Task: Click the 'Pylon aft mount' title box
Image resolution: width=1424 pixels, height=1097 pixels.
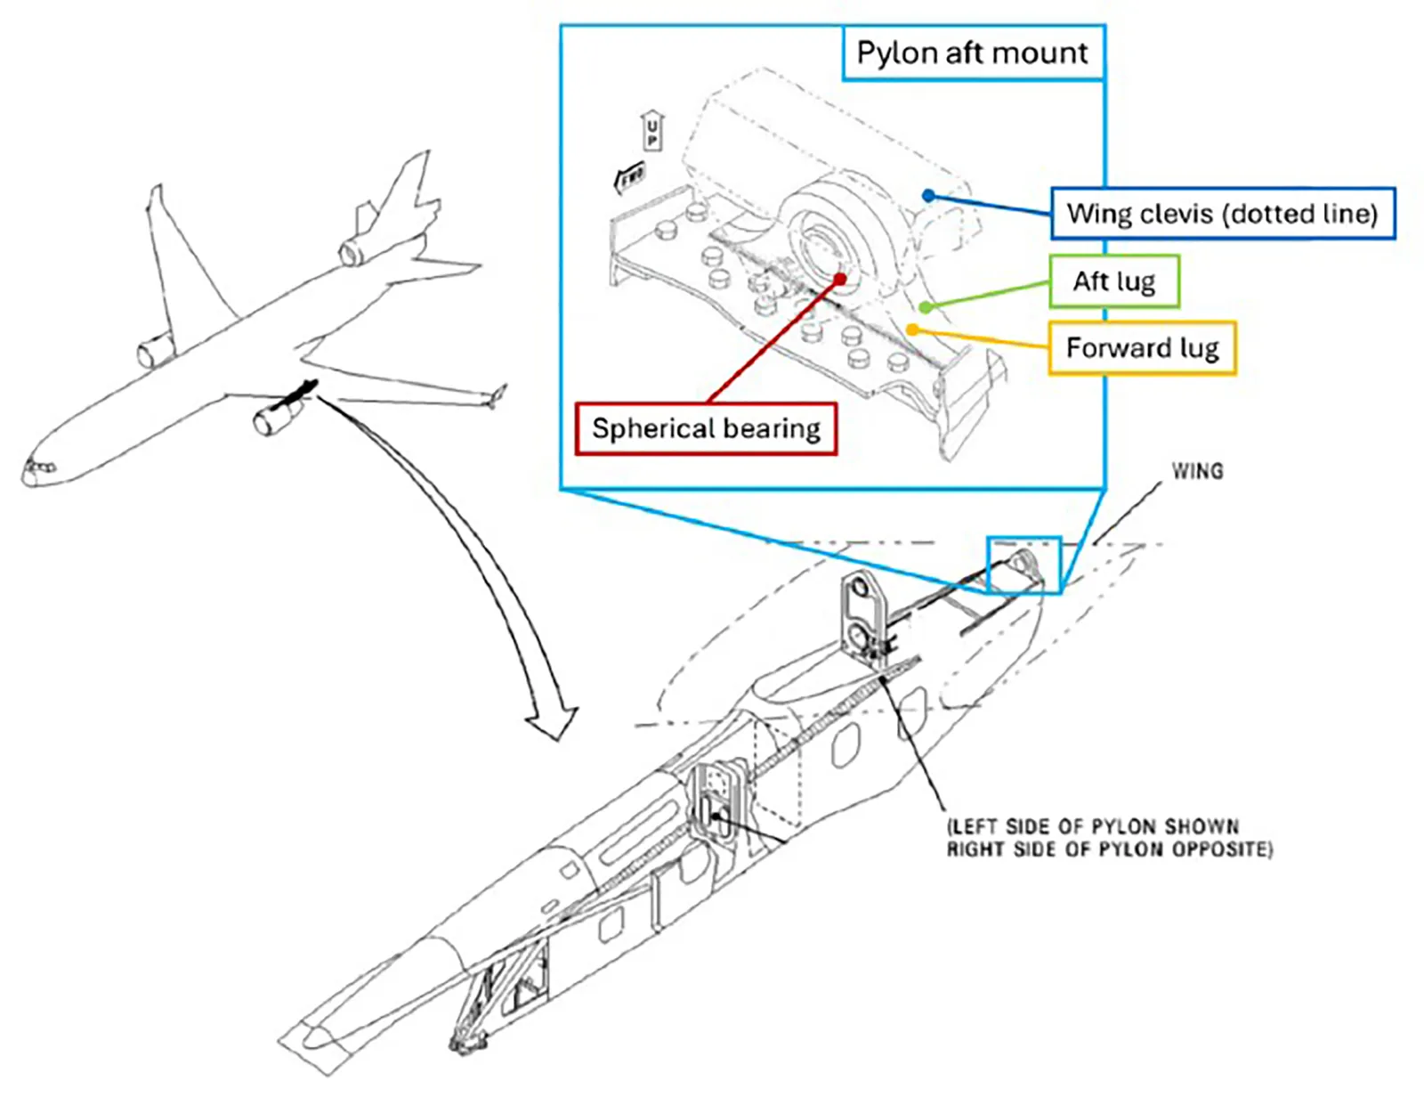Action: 972,53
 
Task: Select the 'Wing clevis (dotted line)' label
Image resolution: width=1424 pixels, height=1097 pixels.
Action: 1222,214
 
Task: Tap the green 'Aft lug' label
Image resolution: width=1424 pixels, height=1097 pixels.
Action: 1113,281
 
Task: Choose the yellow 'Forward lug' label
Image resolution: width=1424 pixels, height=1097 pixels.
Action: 1142,347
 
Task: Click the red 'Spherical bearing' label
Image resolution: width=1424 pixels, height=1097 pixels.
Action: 706,429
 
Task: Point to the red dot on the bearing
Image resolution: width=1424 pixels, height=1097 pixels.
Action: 839,279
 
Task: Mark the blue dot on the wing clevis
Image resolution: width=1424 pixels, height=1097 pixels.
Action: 928,195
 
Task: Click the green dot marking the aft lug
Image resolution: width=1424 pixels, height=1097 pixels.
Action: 926,307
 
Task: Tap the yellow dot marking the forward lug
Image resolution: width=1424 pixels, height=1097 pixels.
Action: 911,330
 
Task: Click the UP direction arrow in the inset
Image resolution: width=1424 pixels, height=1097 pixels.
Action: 651,132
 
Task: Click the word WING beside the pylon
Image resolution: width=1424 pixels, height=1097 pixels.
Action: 1196,471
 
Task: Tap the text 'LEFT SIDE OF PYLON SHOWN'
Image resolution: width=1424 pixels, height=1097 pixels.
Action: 1092,826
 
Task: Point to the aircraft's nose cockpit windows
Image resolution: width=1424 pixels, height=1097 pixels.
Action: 39,467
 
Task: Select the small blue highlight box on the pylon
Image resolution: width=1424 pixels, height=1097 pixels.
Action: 1023,565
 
